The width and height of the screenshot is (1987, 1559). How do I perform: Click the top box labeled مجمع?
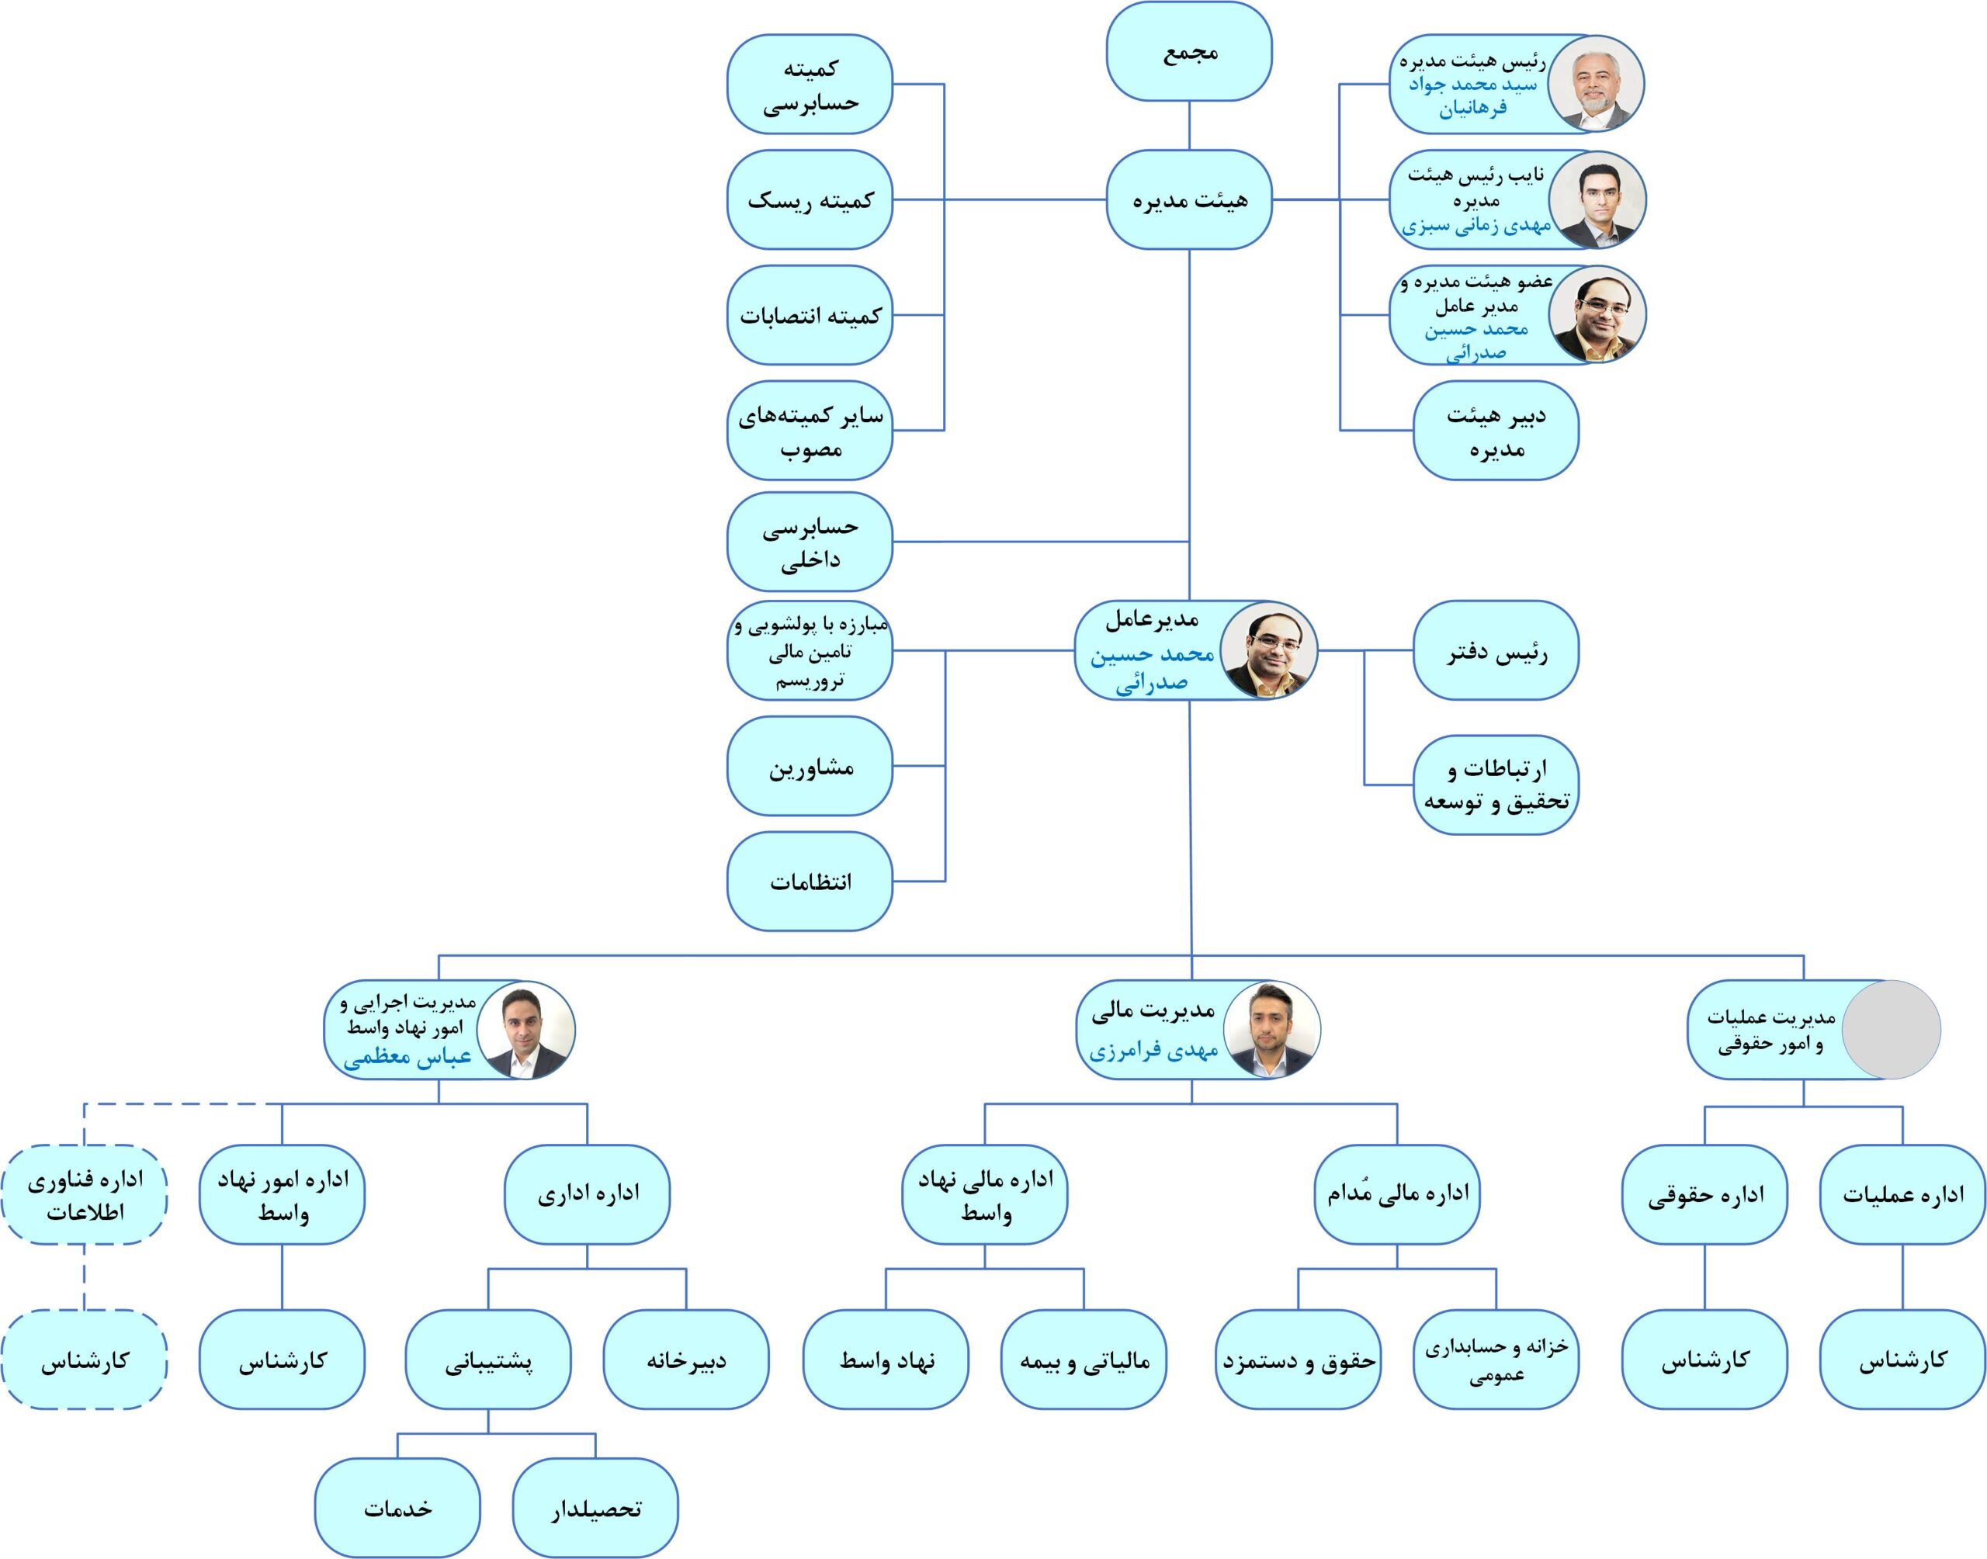1188,51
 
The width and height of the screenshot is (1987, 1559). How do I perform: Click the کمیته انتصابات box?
810,315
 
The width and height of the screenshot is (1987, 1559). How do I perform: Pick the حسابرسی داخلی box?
810,542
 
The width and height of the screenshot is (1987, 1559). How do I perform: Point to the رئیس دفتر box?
1496,651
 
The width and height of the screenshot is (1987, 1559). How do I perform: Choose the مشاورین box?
810,766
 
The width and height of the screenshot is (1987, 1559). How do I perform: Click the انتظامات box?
810,881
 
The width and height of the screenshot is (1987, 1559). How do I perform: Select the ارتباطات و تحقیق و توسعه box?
1496,785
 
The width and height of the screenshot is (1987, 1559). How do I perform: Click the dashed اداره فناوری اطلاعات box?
84,1195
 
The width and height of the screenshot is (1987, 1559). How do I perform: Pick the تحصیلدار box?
595,1508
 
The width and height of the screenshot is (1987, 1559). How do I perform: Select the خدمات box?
397,1508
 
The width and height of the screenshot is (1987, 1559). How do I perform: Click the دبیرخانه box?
686,1360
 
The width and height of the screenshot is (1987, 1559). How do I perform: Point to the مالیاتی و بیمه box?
1084,1360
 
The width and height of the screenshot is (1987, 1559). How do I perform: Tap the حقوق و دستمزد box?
1298,1360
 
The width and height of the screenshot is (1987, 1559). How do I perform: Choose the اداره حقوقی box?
1704,1195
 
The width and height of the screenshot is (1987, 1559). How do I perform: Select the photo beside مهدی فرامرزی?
1271,1030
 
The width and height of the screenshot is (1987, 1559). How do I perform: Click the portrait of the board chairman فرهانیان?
1596,84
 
